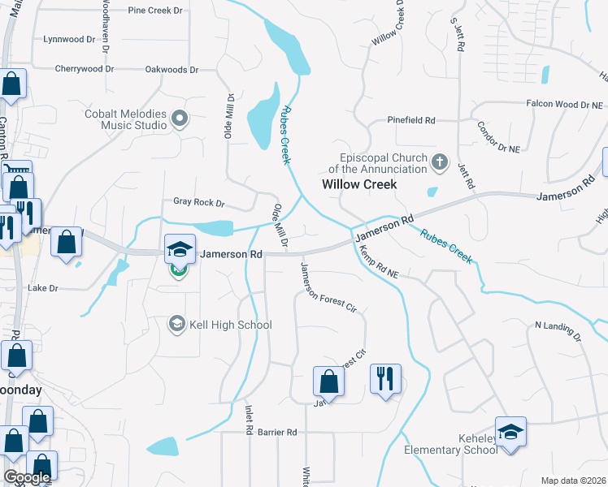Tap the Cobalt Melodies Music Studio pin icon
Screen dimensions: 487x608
point(180,120)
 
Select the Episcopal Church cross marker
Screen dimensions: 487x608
point(440,162)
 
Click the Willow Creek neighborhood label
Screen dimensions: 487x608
point(359,184)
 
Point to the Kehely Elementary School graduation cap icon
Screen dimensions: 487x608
point(510,431)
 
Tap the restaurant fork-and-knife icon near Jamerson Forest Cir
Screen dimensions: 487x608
point(385,378)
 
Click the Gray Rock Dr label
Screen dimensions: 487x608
point(198,201)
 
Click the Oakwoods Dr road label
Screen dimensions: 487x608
point(172,70)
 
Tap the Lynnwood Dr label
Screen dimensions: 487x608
point(69,39)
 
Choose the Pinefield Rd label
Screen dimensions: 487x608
point(411,120)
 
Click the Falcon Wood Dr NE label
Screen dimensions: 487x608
point(564,105)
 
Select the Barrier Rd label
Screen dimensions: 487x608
point(278,433)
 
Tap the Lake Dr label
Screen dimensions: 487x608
point(43,288)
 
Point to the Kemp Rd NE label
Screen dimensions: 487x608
point(380,262)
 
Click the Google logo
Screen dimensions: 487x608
point(27,477)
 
